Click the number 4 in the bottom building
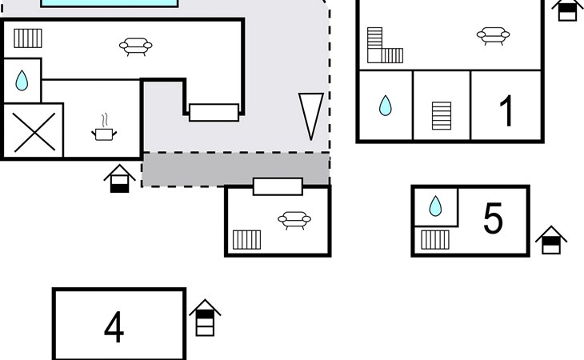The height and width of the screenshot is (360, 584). point(114,327)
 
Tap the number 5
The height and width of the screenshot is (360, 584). point(493,218)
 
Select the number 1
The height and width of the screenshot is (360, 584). point(506,110)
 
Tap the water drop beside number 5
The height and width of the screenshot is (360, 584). point(435,206)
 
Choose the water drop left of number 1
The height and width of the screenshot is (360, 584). point(386,106)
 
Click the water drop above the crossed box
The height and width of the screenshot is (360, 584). point(22,80)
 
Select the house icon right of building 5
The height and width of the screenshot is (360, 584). point(551,240)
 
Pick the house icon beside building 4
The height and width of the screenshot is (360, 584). point(205,318)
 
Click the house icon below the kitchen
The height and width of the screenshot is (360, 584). point(119,178)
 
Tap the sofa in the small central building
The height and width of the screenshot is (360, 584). point(294,219)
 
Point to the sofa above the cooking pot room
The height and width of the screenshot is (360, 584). point(136,46)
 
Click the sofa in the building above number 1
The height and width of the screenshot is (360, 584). point(493,35)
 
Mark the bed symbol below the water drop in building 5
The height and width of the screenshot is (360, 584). point(435,239)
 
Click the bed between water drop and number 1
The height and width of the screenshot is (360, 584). point(442,115)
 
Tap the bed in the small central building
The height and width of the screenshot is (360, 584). point(247,239)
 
